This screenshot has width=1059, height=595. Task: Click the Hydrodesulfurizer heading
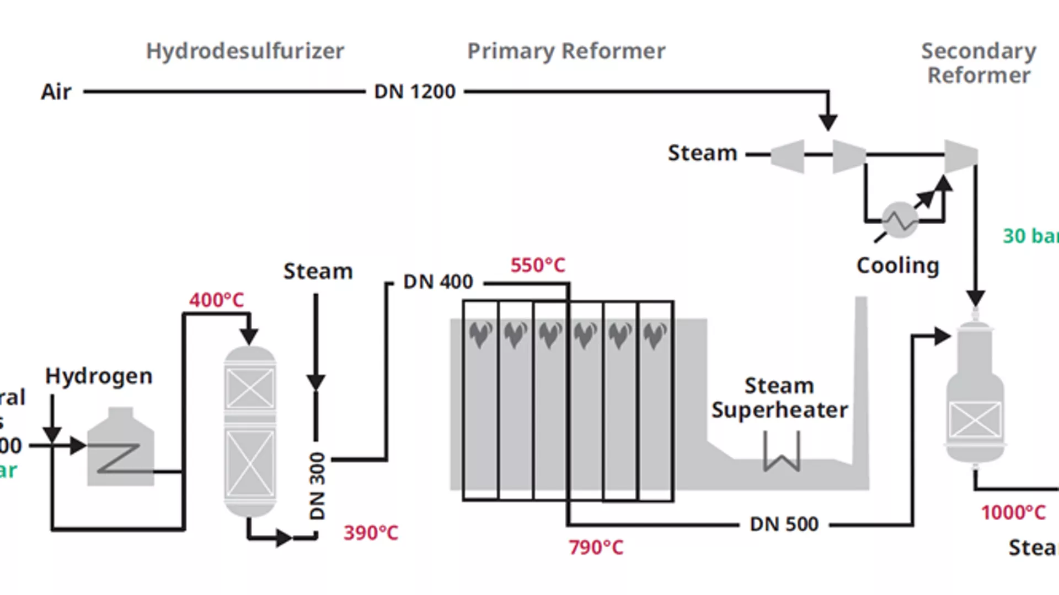click(245, 51)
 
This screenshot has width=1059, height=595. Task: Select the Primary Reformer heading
click(566, 51)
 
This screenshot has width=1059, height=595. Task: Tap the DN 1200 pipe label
click(415, 91)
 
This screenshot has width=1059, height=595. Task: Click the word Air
click(56, 91)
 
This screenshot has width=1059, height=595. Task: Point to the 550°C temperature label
click(538, 265)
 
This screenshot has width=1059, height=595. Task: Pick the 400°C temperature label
click(216, 300)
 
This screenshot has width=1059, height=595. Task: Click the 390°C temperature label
click(371, 533)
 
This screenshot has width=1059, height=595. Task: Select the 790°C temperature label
click(596, 547)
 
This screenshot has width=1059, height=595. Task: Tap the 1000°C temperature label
click(1013, 512)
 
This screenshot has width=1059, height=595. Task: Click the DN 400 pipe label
click(438, 282)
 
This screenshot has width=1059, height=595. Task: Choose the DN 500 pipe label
click(784, 524)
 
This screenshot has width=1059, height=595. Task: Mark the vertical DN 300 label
click(317, 485)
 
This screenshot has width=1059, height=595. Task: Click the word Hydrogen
click(99, 376)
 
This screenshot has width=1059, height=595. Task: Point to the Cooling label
click(897, 266)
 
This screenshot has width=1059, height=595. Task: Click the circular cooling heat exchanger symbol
click(900, 220)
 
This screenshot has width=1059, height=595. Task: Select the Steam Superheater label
click(779, 398)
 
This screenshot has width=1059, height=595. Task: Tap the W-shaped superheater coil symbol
click(782, 452)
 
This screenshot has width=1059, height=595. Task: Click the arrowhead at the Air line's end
click(828, 122)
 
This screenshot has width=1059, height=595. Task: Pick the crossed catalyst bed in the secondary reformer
click(975, 419)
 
